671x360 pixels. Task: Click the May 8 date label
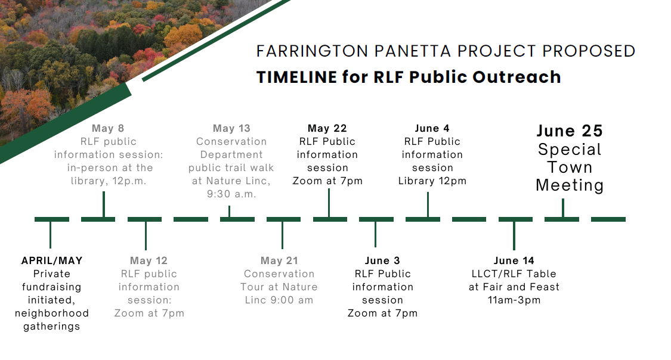pyautogui.click(x=108, y=128)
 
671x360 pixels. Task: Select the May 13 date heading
pyautogui.click(x=231, y=128)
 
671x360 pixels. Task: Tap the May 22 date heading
pyautogui.click(x=327, y=128)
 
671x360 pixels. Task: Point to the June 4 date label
pyautogui.click(x=432, y=128)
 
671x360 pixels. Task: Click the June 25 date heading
pyautogui.click(x=570, y=131)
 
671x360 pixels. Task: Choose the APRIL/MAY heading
pyautogui.click(x=52, y=261)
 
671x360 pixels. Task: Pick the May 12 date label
pyautogui.click(x=149, y=261)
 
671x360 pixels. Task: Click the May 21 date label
pyautogui.click(x=279, y=261)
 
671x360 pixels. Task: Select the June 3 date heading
pyautogui.click(x=382, y=261)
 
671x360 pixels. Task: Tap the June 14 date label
pyautogui.click(x=514, y=261)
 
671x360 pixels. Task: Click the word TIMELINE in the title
pyautogui.click(x=296, y=77)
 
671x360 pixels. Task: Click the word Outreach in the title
pyautogui.click(x=517, y=77)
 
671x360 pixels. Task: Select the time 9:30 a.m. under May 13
pyautogui.click(x=231, y=194)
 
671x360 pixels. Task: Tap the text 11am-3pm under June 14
pyautogui.click(x=514, y=300)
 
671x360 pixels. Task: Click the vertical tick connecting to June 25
pyautogui.click(x=562, y=208)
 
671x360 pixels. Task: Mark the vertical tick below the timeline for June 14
pyautogui.click(x=514, y=235)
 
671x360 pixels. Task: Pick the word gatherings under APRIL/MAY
pyautogui.click(x=52, y=327)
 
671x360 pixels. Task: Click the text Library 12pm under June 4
pyautogui.click(x=432, y=181)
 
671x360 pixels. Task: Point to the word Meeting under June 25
pyautogui.click(x=570, y=185)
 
